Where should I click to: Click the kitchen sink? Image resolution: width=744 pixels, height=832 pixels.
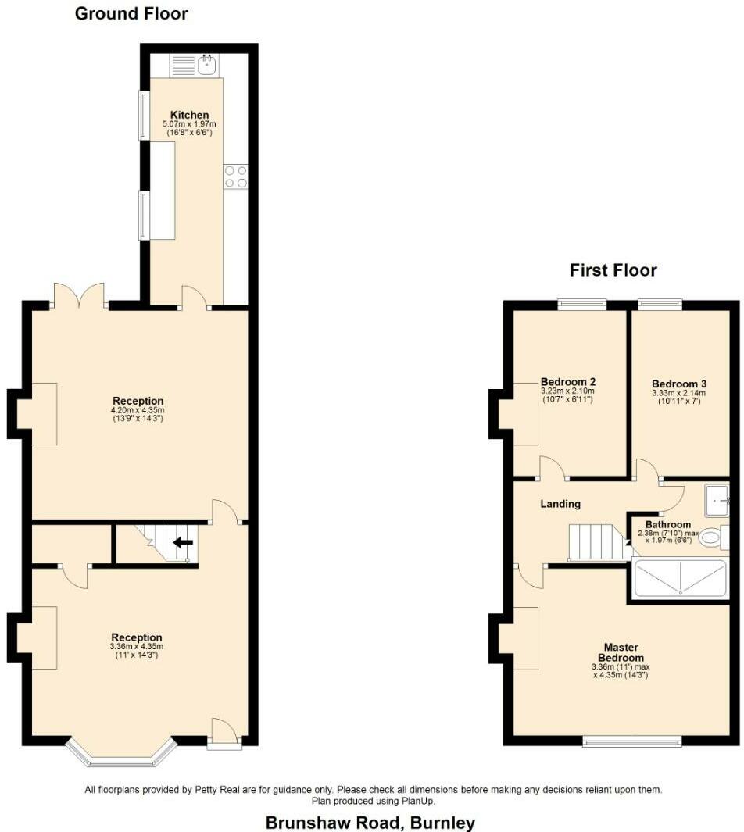point(206,65)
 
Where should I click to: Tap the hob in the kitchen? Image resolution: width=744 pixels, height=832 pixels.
point(236,177)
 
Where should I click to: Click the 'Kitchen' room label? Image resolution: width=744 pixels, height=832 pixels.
point(190,115)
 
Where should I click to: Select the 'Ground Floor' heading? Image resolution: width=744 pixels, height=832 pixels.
point(131,13)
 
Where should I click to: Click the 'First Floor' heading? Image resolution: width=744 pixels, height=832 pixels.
point(613,270)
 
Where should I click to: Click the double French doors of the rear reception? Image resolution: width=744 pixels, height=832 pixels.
point(79,296)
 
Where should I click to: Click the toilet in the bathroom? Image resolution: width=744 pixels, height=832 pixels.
point(712,537)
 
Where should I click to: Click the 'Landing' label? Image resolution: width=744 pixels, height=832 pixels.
point(560,504)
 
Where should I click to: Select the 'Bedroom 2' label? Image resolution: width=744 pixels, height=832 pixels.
point(568,382)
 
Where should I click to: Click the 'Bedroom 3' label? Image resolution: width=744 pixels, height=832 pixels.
point(679,384)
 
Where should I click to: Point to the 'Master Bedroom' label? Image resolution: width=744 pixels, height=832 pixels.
point(621,652)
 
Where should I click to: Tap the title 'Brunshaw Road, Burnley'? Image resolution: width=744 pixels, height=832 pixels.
point(370,822)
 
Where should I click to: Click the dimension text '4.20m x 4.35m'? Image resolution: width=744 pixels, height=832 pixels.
point(138,410)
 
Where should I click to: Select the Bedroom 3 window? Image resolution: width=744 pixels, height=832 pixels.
point(660,303)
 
